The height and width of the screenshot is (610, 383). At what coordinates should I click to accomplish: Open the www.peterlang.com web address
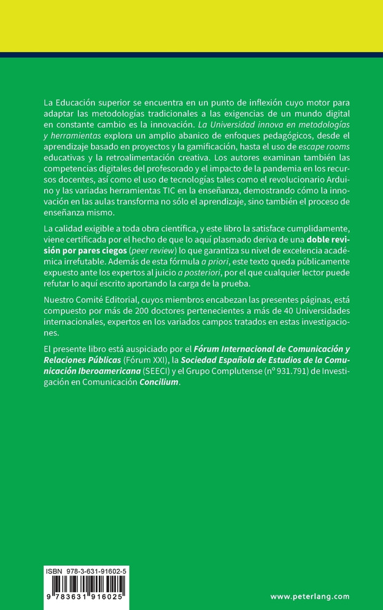pos(309,596)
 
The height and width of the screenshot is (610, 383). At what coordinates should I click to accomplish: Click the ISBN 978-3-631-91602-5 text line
pos(85,571)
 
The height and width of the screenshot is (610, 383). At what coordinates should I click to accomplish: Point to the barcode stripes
pos(85,584)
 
